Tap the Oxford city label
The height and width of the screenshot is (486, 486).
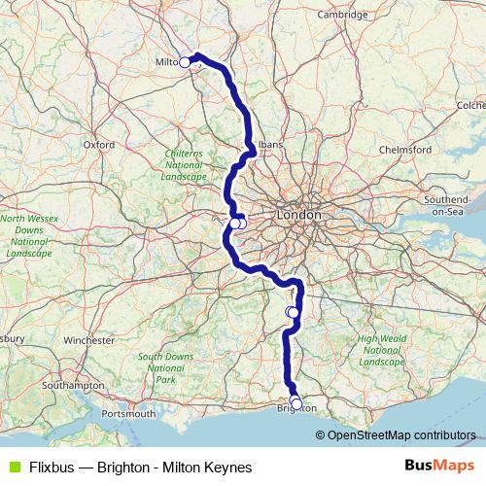[x=99, y=144]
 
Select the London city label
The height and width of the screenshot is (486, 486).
[x=298, y=214]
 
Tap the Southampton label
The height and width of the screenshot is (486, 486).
[x=75, y=386]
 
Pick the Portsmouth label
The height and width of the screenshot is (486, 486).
[x=127, y=414]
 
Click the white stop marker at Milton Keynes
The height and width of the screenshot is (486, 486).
[x=185, y=62]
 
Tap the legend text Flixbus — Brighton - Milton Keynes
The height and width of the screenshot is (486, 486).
[x=140, y=468]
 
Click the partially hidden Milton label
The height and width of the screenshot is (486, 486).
[x=166, y=61]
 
